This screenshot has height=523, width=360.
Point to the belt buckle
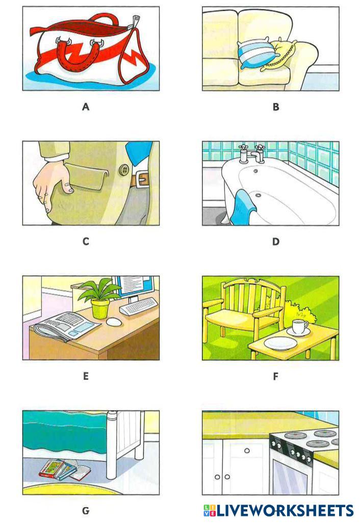(142, 180)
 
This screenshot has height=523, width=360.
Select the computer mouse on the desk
(114, 322)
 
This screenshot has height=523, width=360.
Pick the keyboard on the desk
(139, 306)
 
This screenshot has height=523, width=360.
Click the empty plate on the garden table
(280, 343)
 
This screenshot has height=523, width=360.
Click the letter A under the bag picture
(86, 107)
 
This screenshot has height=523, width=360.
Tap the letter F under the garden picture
(275, 376)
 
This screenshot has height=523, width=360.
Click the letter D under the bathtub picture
(275, 242)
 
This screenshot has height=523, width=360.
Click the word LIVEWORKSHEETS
(285, 510)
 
